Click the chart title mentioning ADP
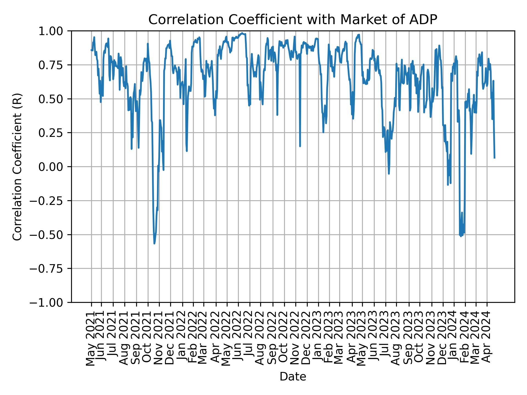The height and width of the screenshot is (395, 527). tap(293, 20)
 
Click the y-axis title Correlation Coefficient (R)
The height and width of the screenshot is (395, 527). tap(17, 167)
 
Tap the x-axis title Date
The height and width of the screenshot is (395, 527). tap(293, 377)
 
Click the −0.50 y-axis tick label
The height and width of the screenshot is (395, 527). tap(50, 235)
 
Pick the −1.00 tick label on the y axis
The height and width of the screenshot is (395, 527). tap(50, 302)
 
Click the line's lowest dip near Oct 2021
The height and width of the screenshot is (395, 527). tap(154, 243)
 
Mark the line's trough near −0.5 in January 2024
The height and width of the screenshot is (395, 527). tap(461, 236)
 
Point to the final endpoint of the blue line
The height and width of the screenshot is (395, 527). tap(494, 158)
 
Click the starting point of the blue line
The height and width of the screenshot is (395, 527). tap(91, 50)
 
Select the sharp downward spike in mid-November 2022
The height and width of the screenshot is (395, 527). tap(300, 146)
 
